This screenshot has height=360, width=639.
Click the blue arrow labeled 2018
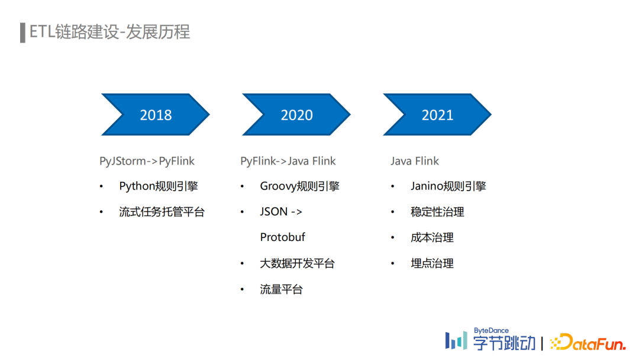click(x=155, y=114)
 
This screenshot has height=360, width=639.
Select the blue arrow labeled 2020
click(x=296, y=114)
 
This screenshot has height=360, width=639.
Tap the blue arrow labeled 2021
click(x=437, y=114)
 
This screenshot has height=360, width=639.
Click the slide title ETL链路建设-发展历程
click(x=109, y=32)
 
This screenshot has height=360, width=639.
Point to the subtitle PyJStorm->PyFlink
click(x=147, y=161)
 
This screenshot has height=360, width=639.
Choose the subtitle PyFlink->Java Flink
click(x=288, y=161)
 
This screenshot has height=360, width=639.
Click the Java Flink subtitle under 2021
click(x=415, y=161)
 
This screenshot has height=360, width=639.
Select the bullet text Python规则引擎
click(x=159, y=187)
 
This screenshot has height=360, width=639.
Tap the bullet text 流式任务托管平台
click(x=162, y=212)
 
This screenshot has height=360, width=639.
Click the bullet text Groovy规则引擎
click(x=299, y=187)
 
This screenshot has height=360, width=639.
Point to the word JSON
click(x=274, y=211)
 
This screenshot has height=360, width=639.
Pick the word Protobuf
click(x=282, y=237)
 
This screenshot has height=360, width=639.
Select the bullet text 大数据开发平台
click(x=297, y=263)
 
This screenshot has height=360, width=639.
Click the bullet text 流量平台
click(x=281, y=290)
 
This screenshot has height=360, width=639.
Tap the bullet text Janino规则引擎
click(x=448, y=187)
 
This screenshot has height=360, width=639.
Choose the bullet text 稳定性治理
click(x=437, y=212)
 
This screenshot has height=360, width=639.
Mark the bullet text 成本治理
click(x=432, y=237)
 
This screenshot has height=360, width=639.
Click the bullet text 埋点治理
click(x=432, y=263)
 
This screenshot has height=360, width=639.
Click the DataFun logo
click(x=588, y=342)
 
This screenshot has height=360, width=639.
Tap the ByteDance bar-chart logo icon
click(x=456, y=340)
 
